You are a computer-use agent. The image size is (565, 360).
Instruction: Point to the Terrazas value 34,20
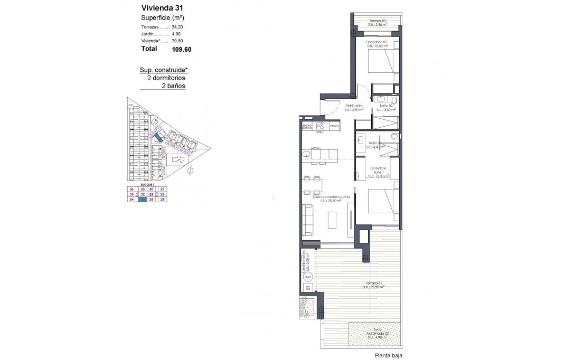(177, 26)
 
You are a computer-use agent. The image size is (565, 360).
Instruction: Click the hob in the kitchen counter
(319, 126)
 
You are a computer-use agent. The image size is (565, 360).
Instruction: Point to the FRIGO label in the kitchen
(334, 126)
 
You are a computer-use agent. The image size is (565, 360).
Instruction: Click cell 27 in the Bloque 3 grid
(163, 189)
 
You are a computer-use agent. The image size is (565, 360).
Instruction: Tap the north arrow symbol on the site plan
(191, 169)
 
